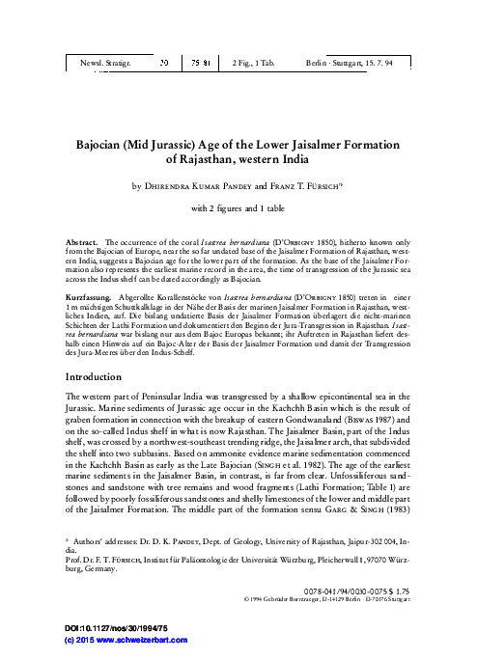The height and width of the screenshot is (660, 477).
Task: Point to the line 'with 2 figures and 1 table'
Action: tap(238, 206)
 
